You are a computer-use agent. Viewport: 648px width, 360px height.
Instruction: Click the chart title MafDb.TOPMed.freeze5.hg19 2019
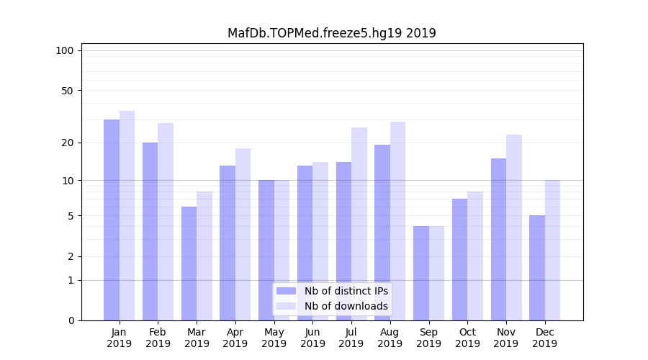(331, 33)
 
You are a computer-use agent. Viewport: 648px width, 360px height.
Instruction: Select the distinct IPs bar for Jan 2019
(112, 220)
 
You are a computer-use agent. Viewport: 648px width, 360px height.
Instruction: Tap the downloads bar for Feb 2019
(166, 222)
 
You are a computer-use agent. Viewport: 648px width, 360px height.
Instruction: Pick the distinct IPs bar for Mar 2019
(189, 264)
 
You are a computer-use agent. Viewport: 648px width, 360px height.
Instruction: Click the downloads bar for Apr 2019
(243, 234)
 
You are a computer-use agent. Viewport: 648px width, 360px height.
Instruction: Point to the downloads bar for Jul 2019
(359, 224)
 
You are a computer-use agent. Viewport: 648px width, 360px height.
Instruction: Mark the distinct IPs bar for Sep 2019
(421, 273)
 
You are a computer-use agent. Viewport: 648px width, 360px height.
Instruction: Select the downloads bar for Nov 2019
(514, 228)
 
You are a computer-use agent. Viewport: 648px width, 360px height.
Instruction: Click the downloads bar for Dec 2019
(553, 250)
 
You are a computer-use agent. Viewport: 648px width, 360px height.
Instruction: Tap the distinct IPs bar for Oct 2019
(460, 259)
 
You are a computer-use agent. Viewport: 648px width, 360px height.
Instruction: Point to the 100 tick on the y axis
(65, 50)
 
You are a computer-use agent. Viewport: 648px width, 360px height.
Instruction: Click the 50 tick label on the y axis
(67, 91)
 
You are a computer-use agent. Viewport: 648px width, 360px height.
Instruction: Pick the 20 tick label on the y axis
(67, 143)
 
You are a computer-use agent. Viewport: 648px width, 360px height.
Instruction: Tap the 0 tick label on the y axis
(71, 320)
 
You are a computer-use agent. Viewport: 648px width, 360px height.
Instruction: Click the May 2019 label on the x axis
(274, 338)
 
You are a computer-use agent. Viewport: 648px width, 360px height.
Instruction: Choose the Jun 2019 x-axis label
(312, 338)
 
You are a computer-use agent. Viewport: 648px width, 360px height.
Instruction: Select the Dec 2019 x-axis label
(545, 338)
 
